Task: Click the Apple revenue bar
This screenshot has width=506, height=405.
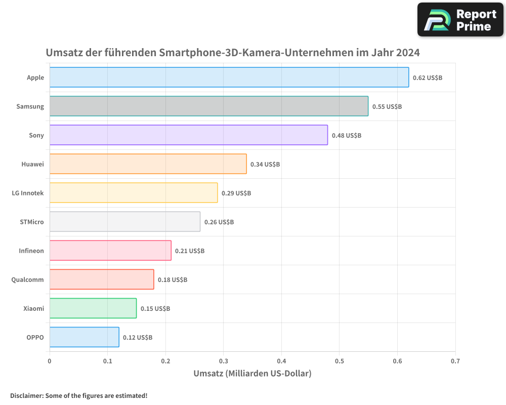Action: point(229,77)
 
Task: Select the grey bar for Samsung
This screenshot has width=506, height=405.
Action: point(209,106)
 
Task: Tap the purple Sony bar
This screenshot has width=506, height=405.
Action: point(189,135)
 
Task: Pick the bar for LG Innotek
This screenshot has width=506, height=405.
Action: point(134,193)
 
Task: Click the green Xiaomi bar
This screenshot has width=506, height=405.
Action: point(93,308)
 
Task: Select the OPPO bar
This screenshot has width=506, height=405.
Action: point(85,337)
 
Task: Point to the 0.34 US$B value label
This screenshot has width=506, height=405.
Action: point(265,165)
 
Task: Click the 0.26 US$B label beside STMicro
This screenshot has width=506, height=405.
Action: point(219,222)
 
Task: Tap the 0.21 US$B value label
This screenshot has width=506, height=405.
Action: point(190,251)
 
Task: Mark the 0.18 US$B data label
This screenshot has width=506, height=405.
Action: point(173,280)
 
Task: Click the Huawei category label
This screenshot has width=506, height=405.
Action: point(32,164)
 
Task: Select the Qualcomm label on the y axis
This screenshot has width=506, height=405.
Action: point(27,279)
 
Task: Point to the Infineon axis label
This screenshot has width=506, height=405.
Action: point(31,251)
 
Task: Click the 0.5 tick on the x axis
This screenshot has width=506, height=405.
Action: point(340,361)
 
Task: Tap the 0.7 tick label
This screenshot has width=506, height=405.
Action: point(455,361)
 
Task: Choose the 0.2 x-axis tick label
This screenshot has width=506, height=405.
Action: point(165,361)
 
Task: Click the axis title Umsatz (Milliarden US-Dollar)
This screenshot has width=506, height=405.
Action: point(252,374)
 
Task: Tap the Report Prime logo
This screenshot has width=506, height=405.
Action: point(460,20)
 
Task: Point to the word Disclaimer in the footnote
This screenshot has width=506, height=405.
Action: point(26,395)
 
